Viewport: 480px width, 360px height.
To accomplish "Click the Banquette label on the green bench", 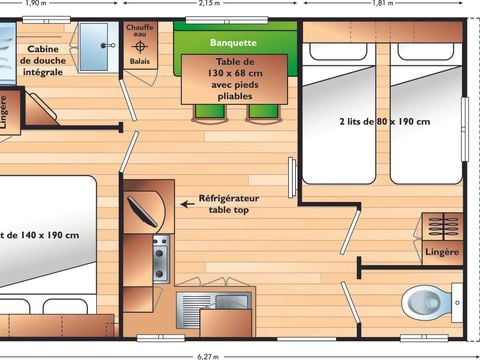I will click(234, 43).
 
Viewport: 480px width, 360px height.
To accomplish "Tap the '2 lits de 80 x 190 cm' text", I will click(384, 122).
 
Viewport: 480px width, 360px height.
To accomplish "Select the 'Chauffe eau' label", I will click(139, 31).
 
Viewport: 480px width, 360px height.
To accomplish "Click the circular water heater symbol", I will click(140, 47).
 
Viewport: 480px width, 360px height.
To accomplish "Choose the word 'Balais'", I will click(139, 61).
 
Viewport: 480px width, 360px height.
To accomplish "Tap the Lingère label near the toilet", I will click(443, 252).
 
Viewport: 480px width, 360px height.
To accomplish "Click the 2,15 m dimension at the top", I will click(210, 4).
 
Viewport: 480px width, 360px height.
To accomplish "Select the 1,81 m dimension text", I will click(382, 4).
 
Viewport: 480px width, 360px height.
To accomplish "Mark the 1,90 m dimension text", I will click(35, 4).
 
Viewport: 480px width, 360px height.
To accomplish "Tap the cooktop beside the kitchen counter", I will click(160, 259).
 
